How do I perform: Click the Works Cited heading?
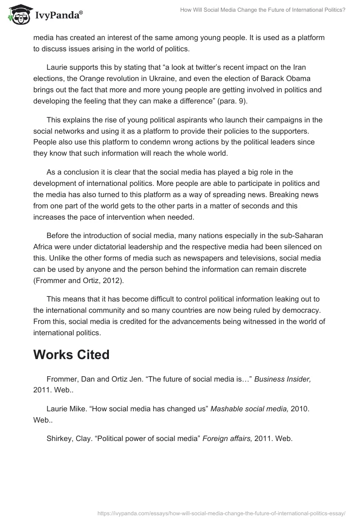point(71,355)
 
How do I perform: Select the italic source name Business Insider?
point(283,380)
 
